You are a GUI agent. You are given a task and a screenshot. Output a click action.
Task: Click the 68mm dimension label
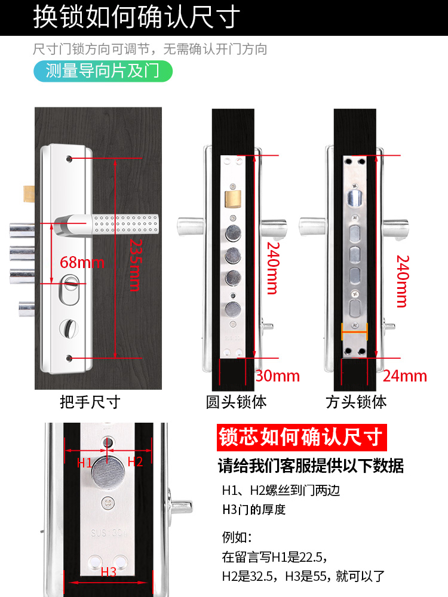[82, 262]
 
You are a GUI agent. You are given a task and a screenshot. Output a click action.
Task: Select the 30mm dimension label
[277, 376]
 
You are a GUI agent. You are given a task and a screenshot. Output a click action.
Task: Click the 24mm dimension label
[405, 376]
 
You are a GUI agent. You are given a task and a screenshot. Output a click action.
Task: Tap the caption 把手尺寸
[90, 402]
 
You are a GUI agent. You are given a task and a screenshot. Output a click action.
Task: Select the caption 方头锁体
[356, 402]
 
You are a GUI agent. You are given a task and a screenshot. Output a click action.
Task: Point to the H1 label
[84, 461]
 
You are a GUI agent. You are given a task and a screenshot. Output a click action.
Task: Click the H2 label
[135, 461]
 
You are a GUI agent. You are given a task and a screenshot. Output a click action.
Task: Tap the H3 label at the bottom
[108, 572]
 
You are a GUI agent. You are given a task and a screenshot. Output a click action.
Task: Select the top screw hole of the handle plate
[70, 159]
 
